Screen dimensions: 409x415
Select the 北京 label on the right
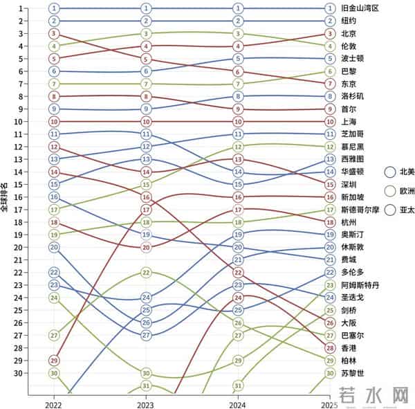(349, 33)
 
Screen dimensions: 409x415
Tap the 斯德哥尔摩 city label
(360, 210)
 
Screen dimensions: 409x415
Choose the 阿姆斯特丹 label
(360, 285)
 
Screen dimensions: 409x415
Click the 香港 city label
(349, 348)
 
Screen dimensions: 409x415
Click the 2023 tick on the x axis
(146, 403)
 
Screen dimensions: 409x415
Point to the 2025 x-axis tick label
(330, 403)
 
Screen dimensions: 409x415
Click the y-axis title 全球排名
(6, 197)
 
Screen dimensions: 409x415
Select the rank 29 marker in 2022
(55, 361)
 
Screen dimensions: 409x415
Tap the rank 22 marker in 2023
(146, 273)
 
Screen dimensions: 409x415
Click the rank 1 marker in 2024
(238, 8)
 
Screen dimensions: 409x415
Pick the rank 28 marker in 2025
(330, 348)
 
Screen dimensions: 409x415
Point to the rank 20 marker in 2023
(146, 247)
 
